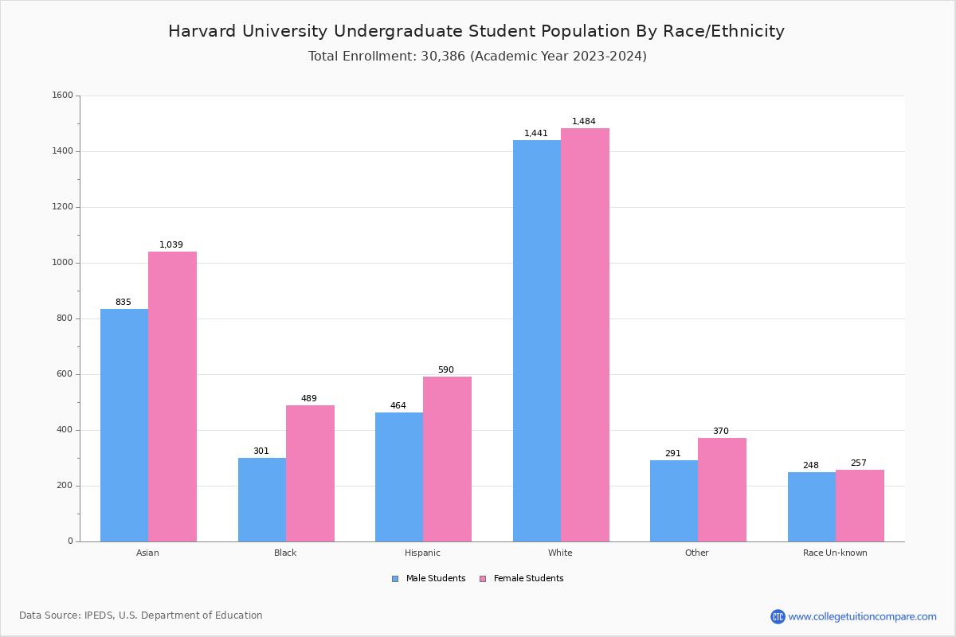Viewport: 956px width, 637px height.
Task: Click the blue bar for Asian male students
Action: coord(124,425)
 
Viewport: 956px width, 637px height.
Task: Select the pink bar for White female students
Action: coord(585,334)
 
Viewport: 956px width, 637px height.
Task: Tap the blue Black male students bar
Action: coord(262,499)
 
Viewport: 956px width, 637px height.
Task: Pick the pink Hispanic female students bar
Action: coord(447,459)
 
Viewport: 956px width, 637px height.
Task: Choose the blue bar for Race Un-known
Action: coord(812,506)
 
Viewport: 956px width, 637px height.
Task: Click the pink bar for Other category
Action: coord(722,490)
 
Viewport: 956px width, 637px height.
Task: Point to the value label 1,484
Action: coord(584,122)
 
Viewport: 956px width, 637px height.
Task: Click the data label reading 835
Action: coord(123,303)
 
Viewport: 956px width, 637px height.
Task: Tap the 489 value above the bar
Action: coord(309,399)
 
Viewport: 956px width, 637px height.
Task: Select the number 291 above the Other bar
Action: coord(673,454)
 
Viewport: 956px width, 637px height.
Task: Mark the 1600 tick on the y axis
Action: coord(63,96)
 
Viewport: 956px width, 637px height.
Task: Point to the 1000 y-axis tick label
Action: coord(63,263)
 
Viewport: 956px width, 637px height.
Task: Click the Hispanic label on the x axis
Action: coord(422,553)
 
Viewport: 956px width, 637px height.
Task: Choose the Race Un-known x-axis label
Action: coord(835,553)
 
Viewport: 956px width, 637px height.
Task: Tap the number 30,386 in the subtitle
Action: coord(441,57)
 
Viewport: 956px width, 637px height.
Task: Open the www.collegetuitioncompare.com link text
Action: coord(862,616)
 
